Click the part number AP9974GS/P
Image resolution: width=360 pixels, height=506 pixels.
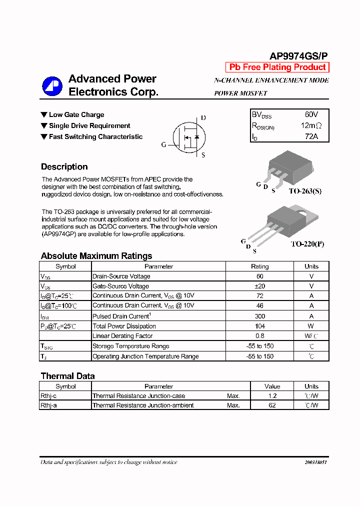click(299, 56)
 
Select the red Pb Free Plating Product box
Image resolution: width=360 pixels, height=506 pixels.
click(277, 67)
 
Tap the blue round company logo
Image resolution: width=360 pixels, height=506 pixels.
click(52, 86)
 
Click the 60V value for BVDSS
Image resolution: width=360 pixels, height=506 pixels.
click(311, 114)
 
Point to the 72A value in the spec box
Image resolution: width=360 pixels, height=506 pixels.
click(311, 136)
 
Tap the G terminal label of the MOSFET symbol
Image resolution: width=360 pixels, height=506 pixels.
click(163, 145)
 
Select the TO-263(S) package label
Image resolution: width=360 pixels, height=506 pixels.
click(305, 191)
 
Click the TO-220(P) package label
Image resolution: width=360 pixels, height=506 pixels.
click(307, 244)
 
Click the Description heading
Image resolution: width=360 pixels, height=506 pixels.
click(64, 167)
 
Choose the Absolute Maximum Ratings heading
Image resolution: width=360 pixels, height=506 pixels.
click(96, 256)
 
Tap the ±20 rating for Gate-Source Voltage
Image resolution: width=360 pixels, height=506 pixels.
click(259, 286)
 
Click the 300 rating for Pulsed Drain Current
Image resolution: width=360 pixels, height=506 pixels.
click(259, 316)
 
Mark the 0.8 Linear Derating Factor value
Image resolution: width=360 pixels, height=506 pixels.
click(259, 336)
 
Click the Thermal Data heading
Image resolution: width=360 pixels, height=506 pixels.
click(67, 376)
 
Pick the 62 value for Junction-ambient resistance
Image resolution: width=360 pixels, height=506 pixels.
click(272, 405)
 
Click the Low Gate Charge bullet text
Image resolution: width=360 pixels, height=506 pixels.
click(76, 115)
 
